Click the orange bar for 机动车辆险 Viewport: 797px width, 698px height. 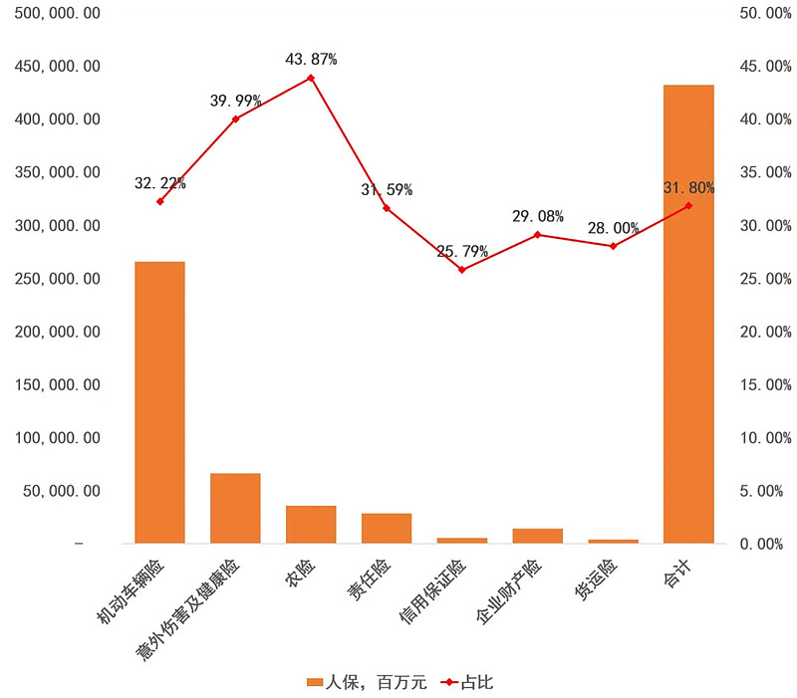pos(159,402)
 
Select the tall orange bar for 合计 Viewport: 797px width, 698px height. pos(688,314)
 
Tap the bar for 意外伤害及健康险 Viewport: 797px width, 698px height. pos(235,508)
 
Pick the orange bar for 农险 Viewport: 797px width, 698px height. pos(311,524)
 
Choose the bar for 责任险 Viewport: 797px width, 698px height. pos(387,528)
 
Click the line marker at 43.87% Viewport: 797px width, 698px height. pos(311,78)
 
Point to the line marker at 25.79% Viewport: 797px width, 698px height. pos(462,270)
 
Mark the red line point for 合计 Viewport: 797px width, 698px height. pos(688,206)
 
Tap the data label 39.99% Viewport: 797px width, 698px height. pos(235,101)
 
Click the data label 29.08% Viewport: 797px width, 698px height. pos(538,216)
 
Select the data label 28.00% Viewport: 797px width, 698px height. pos(613,228)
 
